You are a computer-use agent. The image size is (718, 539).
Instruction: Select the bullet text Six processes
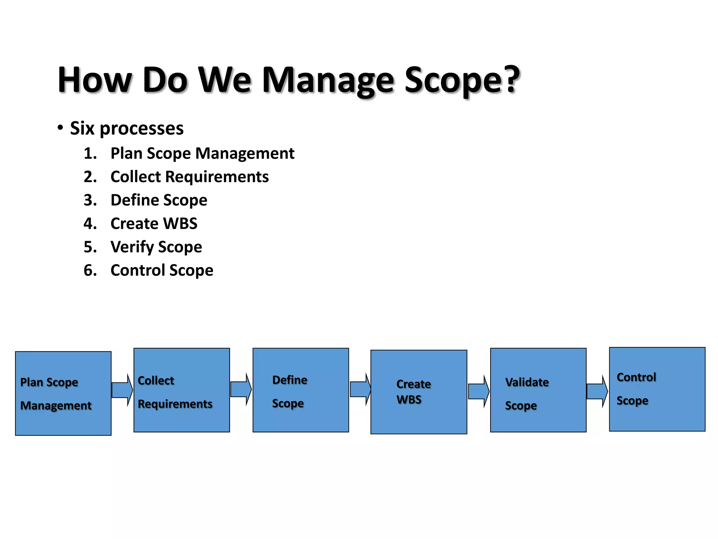127,128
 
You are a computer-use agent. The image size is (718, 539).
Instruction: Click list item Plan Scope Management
202,153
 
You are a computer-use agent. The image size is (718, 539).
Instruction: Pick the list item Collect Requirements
189,177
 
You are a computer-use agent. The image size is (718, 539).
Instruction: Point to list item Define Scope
159,200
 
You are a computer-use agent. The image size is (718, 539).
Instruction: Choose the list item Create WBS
154,224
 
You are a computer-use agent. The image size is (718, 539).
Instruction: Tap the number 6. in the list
90,270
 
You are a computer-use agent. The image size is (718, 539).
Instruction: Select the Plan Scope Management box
63,393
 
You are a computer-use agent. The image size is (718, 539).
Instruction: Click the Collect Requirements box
182,390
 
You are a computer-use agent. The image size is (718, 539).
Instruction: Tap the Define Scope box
300,390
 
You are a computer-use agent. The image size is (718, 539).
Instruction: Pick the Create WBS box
419,392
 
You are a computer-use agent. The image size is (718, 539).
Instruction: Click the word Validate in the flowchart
527,382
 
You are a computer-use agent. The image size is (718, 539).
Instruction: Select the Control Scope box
657,389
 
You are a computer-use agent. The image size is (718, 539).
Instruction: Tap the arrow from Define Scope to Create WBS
360,390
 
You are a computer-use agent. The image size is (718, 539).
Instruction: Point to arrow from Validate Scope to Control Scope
597,391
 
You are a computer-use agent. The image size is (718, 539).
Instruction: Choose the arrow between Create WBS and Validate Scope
478,391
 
